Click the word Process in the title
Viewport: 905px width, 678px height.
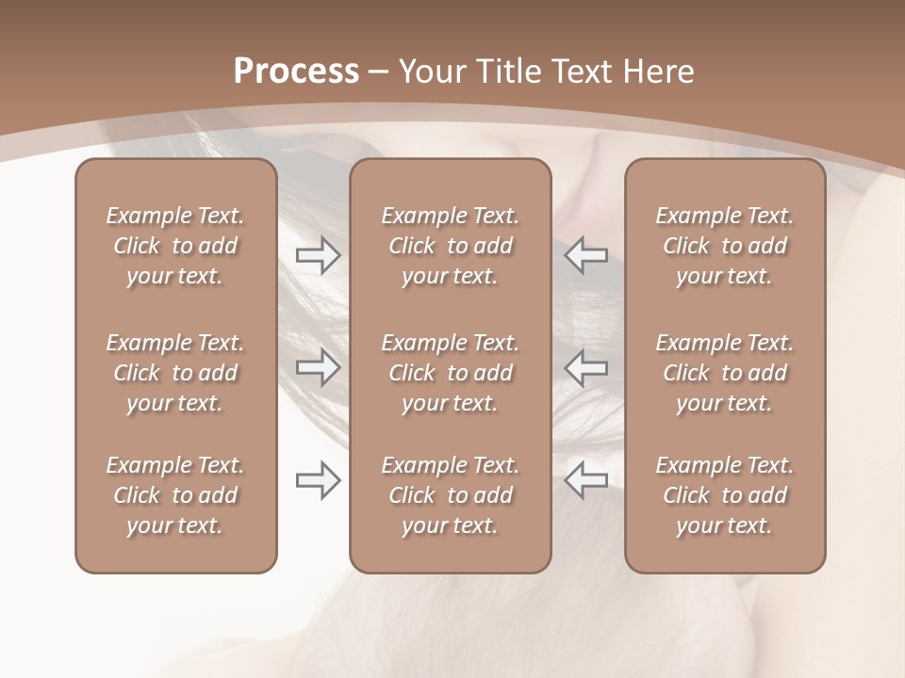pos(296,72)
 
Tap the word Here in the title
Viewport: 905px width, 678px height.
pos(657,72)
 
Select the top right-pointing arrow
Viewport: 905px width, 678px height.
pos(318,254)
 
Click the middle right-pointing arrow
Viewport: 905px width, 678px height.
pos(318,367)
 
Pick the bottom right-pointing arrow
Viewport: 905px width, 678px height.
pos(318,480)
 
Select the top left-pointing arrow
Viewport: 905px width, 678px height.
pos(585,254)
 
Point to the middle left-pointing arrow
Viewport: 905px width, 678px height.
pos(585,367)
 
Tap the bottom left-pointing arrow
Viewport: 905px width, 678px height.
pos(585,480)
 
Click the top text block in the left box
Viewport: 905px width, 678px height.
pos(175,246)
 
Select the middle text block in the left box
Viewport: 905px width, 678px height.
pos(175,373)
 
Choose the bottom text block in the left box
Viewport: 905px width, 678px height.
pos(175,495)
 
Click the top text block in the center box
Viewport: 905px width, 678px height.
pos(450,246)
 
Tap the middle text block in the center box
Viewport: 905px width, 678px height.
pos(450,373)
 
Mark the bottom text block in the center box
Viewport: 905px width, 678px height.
pos(450,495)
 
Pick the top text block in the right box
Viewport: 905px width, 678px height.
pos(724,246)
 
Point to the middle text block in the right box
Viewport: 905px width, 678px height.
pos(724,373)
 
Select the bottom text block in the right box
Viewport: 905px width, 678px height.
pos(724,495)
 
